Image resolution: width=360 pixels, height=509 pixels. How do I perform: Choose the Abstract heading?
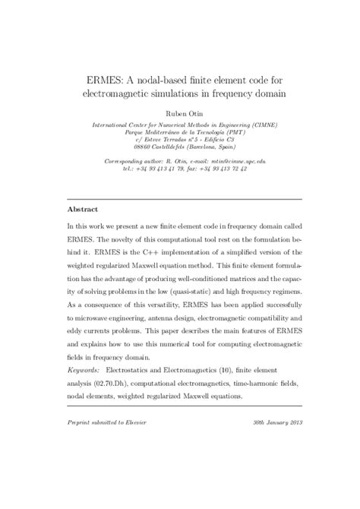[x=84, y=207]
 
